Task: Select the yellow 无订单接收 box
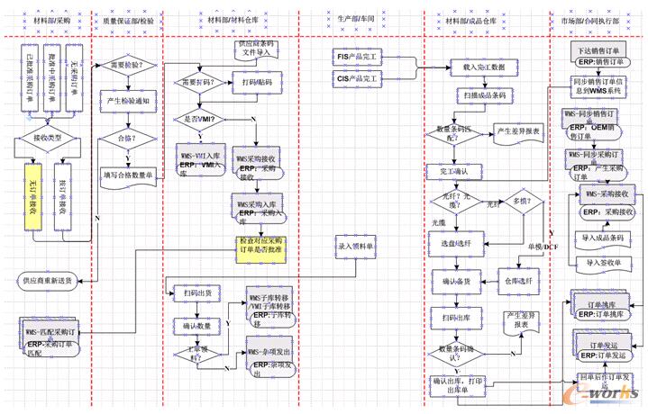(x=32, y=191)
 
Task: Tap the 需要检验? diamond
(x=130, y=65)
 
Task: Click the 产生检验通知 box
(x=129, y=101)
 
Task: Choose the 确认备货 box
(x=456, y=283)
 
